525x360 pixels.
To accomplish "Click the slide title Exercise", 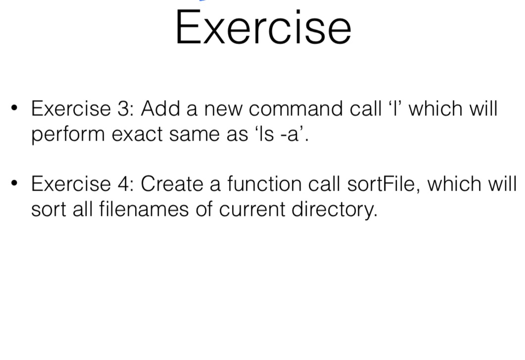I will pyautogui.click(x=263, y=28).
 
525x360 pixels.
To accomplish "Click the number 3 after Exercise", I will pyautogui.click(x=123, y=108).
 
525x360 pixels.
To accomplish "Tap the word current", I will pyautogui.click(x=252, y=209).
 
